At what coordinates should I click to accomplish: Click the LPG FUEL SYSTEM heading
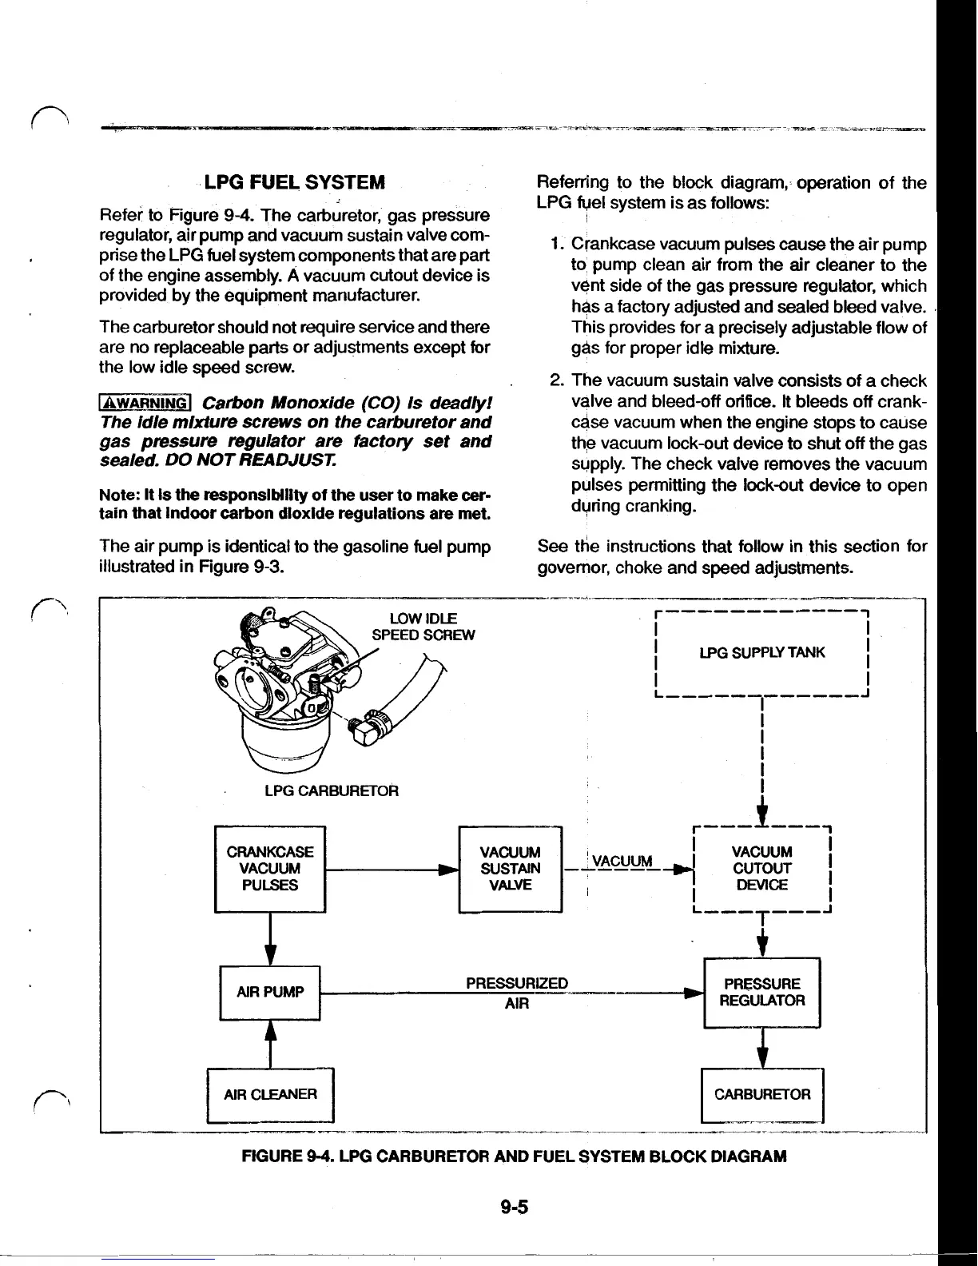tap(295, 182)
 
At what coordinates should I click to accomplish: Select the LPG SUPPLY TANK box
tap(761, 652)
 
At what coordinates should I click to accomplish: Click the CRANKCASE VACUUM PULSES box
tap(270, 868)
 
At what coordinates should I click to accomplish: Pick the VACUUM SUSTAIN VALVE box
tap(511, 868)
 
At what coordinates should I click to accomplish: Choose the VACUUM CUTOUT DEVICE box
tap(762, 868)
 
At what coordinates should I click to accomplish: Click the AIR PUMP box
tap(270, 993)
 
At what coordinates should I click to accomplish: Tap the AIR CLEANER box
tap(270, 1093)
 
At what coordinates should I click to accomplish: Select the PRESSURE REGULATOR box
tap(761, 992)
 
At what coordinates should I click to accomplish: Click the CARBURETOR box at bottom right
tap(761, 1093)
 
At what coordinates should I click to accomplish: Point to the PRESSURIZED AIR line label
tap(517, 993)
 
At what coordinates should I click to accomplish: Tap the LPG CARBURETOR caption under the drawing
tap(332, 790)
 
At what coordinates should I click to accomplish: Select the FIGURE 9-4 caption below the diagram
tap(514, 1157)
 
